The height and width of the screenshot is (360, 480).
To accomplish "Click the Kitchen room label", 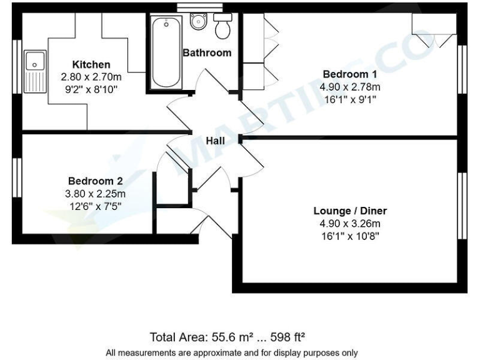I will point(91,64).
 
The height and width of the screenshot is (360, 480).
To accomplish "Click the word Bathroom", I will point(207,52).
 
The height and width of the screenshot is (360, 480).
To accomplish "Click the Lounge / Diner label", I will point(350,211).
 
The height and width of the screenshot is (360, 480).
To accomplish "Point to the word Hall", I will point(216,141).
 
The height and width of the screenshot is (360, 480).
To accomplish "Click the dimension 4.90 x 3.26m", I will point(350,223).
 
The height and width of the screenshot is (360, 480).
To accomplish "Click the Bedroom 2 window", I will point(16,188).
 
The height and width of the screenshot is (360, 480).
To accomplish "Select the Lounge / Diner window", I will point(463,206).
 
